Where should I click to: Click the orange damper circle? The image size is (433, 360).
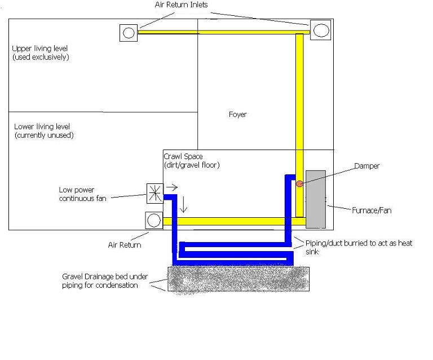point(299,183)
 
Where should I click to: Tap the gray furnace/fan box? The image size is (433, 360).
point(316,200)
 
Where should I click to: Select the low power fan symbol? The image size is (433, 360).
point(155,194)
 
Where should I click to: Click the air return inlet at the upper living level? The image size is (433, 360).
point(129,33)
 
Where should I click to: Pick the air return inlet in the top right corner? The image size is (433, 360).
point(321,30)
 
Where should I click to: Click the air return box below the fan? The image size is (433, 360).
point(154,221)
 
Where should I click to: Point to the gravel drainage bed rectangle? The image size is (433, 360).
point(238,279)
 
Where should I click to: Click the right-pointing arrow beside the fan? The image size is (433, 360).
point(172,187)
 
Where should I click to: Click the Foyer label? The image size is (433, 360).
point(238,115)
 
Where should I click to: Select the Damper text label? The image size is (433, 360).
point(367,166)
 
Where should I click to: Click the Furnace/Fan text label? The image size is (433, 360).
point(372,210)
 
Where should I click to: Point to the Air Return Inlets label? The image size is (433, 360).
point(181,5)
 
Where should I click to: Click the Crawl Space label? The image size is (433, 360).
point(192,161)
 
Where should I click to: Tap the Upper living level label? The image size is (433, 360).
point(41,53)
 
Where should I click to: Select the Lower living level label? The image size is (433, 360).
point(44,131)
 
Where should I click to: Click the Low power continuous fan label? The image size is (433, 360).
point(82,194)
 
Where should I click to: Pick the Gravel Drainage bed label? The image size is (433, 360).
point(105,280)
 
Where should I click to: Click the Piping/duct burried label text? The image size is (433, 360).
point(359,247)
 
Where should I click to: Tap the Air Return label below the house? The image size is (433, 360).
point(125,245)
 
